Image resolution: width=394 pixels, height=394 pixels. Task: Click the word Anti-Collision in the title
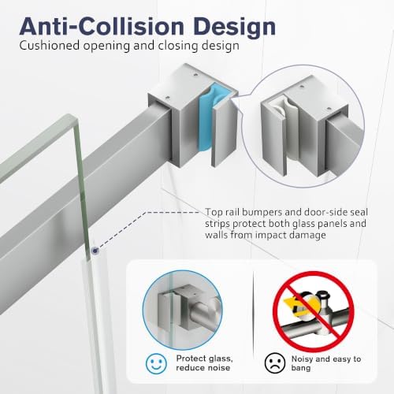tap(102, 26)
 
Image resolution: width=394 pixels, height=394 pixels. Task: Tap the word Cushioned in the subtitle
tap(49, 45)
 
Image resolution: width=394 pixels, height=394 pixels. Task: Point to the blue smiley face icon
tap(156, 363)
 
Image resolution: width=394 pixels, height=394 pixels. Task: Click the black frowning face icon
tap(275, 363)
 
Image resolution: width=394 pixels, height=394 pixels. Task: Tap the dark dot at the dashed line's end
tap(95, 251)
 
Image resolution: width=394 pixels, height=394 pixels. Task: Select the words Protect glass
tap(204, 359)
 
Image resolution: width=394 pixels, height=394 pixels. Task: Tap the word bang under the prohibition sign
tap(301, 368)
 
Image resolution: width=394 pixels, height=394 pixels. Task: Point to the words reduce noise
tap(203, 368)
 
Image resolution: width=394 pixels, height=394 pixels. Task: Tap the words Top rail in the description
tap(222, 212)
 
